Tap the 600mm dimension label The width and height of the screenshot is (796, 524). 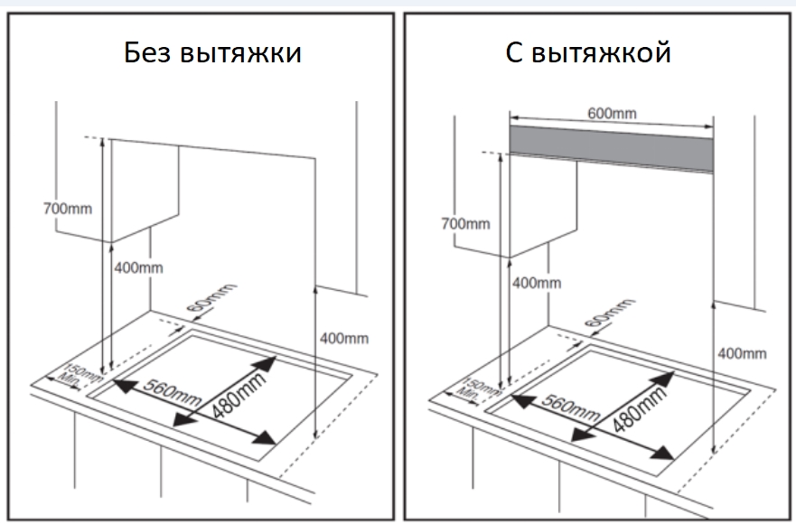[x=612, y=113]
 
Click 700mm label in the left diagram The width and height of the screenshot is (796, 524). [x=67, y=210]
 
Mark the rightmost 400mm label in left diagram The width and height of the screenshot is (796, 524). [x=344, y=339]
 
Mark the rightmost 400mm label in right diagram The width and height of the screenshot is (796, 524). [x=741, y=353]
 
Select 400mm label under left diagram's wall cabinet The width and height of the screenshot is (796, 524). [x=139, y=268]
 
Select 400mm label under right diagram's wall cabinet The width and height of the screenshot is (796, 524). [x=537, y=283]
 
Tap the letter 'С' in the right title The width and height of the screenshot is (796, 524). [x=513, y=53]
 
